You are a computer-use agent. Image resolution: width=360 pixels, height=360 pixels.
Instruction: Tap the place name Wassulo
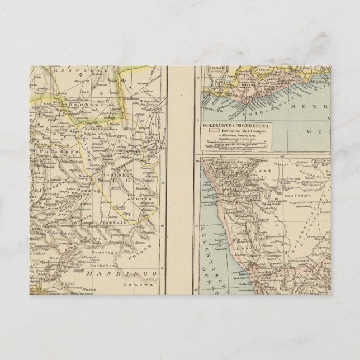[x=110, y=222]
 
